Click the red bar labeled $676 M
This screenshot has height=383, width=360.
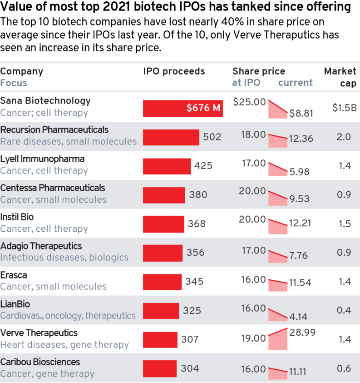point(182,108)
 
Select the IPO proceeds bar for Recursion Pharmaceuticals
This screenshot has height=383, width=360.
point(171,137)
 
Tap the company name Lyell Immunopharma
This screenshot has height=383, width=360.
point(42,159)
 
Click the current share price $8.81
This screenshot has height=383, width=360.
point(301,113)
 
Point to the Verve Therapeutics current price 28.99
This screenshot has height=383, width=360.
point(302,333)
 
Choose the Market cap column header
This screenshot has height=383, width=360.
point(340,77)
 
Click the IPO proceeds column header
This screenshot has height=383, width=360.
point(174,71)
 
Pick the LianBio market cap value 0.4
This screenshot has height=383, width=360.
point(345,310)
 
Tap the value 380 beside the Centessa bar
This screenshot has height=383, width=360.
point(198,195)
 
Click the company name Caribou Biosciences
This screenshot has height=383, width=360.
point(40,362)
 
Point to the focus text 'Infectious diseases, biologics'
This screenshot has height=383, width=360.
point(64,258)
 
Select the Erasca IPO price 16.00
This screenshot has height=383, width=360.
point(253,279)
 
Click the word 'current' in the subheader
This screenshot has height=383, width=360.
point(295,83)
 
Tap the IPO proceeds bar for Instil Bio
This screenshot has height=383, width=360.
point(163,224)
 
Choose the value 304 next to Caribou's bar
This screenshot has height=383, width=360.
point(190,368)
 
